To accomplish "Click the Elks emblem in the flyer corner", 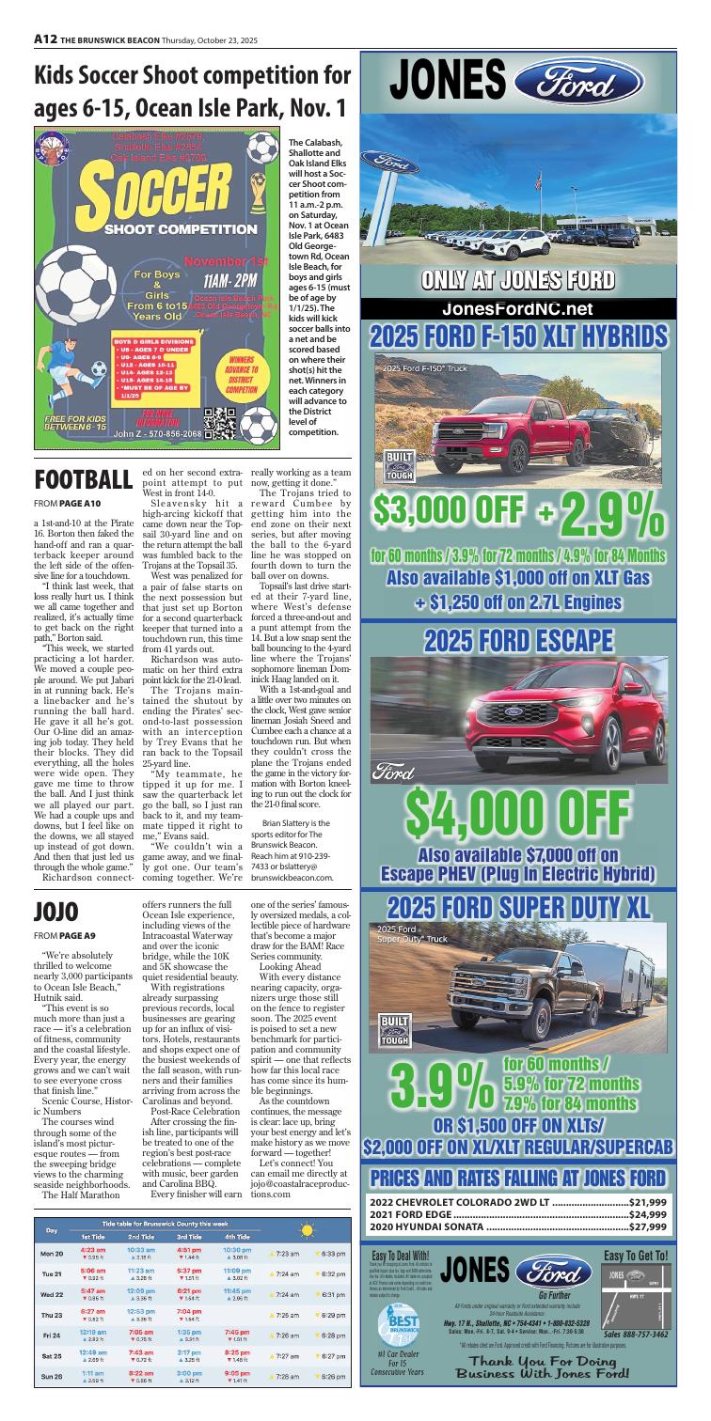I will click(47, 146).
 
